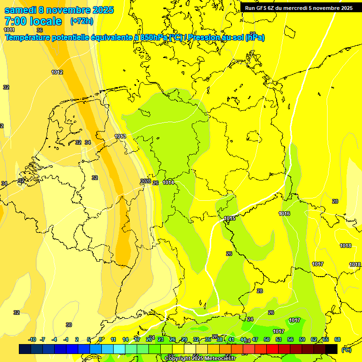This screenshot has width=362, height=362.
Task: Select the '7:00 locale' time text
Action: (x=33, y=21)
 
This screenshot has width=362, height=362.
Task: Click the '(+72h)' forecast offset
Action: (x=82, y=21)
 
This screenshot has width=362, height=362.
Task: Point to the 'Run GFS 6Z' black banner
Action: (x=299, y=8)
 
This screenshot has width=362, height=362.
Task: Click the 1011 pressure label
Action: (x=9, y=30)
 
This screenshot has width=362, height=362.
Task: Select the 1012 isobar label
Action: (x=57, y=72)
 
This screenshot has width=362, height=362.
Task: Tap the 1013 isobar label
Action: (x=120, y=136)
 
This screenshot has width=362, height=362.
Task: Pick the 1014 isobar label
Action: (x=168, y=182)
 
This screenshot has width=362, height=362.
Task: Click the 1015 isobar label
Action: (x=230, y=218)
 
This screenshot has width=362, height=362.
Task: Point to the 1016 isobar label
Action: (x=284, y=214)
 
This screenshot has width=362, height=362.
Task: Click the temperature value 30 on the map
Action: (x=69, y=325)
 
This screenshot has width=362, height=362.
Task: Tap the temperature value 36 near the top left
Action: (x=40, y=30)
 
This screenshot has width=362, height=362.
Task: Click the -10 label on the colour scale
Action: (x=32, y=339)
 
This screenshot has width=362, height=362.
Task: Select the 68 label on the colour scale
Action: (x=337, y=339)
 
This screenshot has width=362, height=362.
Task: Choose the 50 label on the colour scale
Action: (x=267, y=339)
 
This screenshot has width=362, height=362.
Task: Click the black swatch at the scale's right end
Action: (x=331, y=349)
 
